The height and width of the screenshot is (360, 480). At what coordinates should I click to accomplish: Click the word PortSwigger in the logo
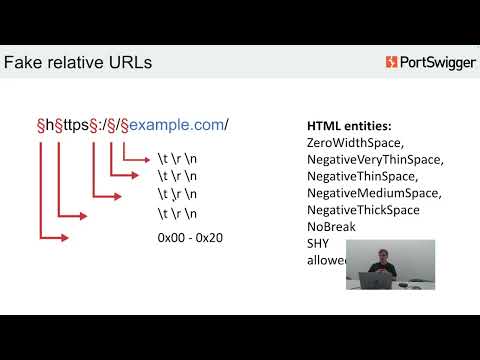click(437, 63)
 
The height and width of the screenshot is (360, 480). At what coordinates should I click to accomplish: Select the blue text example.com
click(179, 124)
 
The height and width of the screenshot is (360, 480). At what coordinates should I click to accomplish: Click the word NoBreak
click(330, 226)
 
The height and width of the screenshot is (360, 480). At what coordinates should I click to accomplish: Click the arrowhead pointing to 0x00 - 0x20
click(65, 238)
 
